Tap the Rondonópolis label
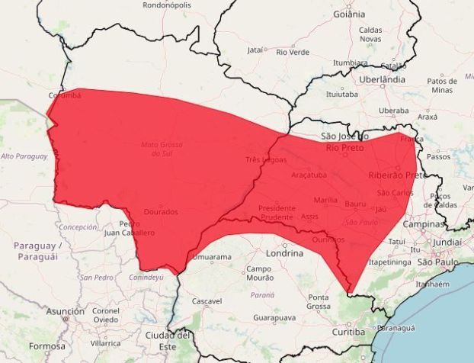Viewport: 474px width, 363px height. [167, 5]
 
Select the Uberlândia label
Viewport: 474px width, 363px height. [383, 79]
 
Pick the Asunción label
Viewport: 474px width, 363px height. [65, 311]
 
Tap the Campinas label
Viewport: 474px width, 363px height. [424, 225]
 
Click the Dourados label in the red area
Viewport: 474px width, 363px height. [160, 212]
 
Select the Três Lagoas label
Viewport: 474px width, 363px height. [266, 159]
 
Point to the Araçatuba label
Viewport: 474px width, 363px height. [309, 175]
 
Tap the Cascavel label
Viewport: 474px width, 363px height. [207, 301]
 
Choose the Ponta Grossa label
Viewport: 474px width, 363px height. [319, 301]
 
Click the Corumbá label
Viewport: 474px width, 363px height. [64, 95]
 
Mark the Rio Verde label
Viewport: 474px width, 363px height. [293, 52]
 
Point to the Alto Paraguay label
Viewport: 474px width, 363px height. [24, 156]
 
